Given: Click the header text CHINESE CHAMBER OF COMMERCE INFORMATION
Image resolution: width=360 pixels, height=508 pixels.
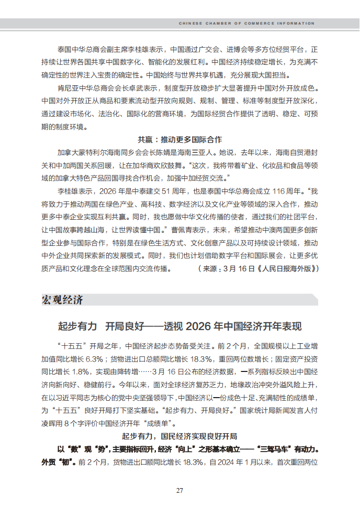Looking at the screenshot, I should [x=246, y=24].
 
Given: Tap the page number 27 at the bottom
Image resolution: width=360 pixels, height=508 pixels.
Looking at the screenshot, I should [x=179, y=490].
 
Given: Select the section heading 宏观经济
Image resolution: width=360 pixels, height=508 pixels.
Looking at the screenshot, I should [x=62, y=300].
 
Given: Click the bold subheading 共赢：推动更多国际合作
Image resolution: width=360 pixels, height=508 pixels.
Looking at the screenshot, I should [x=179, y=140].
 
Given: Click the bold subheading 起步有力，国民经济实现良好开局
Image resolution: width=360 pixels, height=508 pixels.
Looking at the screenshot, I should [x=179, y=436].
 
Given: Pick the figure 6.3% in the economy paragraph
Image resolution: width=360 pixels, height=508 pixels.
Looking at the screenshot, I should [x=92, y=359].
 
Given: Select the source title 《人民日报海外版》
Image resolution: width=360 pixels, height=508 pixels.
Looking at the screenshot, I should [x=286, y=269].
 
